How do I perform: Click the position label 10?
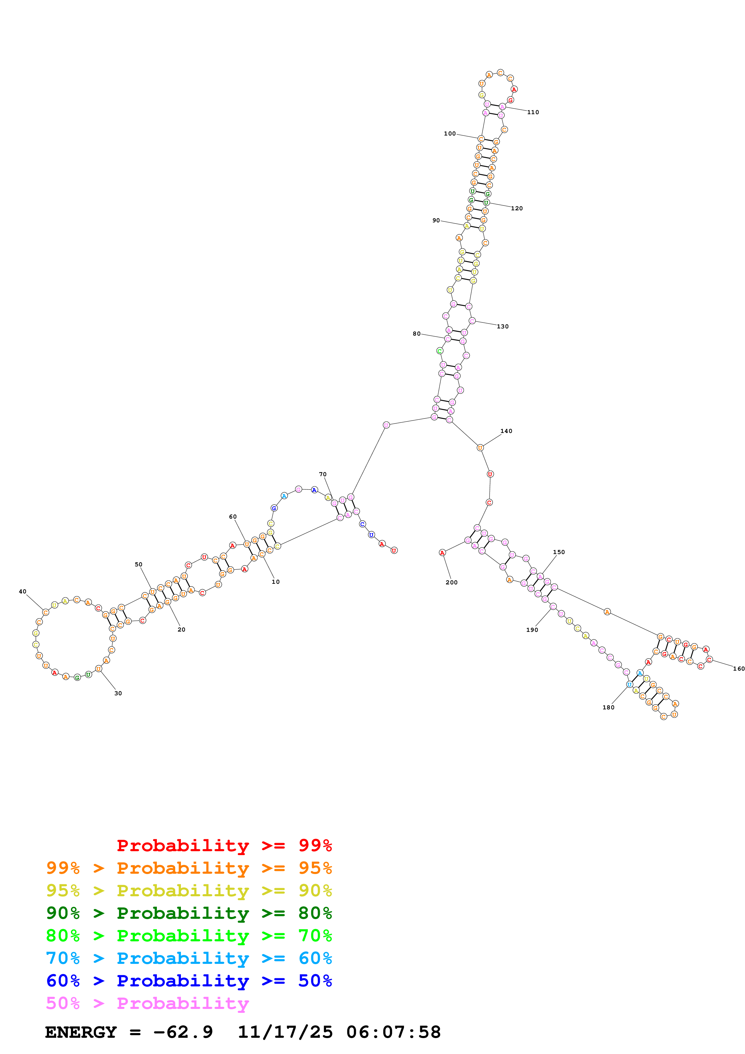(x=275, y=582)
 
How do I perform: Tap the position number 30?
(x=118, y=693)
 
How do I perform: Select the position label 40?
(x=23, y=591)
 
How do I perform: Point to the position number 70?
(x=323, y=474)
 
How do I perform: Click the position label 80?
(x=416, y=334)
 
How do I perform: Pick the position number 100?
(x=449, y=134)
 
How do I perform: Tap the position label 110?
(x=533, y=112)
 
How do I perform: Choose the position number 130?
(x=503, y=326)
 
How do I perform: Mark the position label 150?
(x=559, y=552)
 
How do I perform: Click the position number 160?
(x=738, y=669)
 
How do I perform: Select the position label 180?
(x=608, y=707)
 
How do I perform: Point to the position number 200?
(x=451, y=582)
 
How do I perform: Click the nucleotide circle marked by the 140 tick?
(x=480, y=448)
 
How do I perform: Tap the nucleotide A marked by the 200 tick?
(x=442, y=552)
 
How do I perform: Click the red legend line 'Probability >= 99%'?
(x=224, y=845)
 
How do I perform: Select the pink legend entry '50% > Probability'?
(x=147, y=1003)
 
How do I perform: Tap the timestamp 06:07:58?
(x=393, y=1032)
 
